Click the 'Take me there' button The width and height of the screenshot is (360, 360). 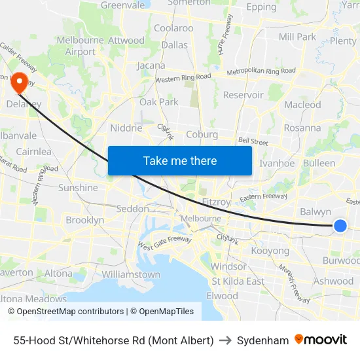(180, 160)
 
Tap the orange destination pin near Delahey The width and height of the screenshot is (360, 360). (20, 82)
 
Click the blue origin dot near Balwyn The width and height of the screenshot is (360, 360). (340, 226)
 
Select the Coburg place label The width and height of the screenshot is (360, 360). (202, 134)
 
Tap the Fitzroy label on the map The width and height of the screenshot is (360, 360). (215, 202)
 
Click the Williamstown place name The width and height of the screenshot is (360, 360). (131, 274)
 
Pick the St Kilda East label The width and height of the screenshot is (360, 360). (238, 281)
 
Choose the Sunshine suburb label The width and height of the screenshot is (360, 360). (78, 188)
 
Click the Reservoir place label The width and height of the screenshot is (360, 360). (243, 95)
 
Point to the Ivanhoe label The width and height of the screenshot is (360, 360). (277, 163)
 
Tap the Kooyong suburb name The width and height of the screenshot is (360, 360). (270, 251)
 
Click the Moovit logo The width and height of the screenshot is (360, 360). (321, 340)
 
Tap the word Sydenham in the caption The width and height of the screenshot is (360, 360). (262, 340)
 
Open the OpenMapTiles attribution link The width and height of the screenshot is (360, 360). (162, 312)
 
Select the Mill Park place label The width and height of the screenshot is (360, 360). (297, 37)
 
